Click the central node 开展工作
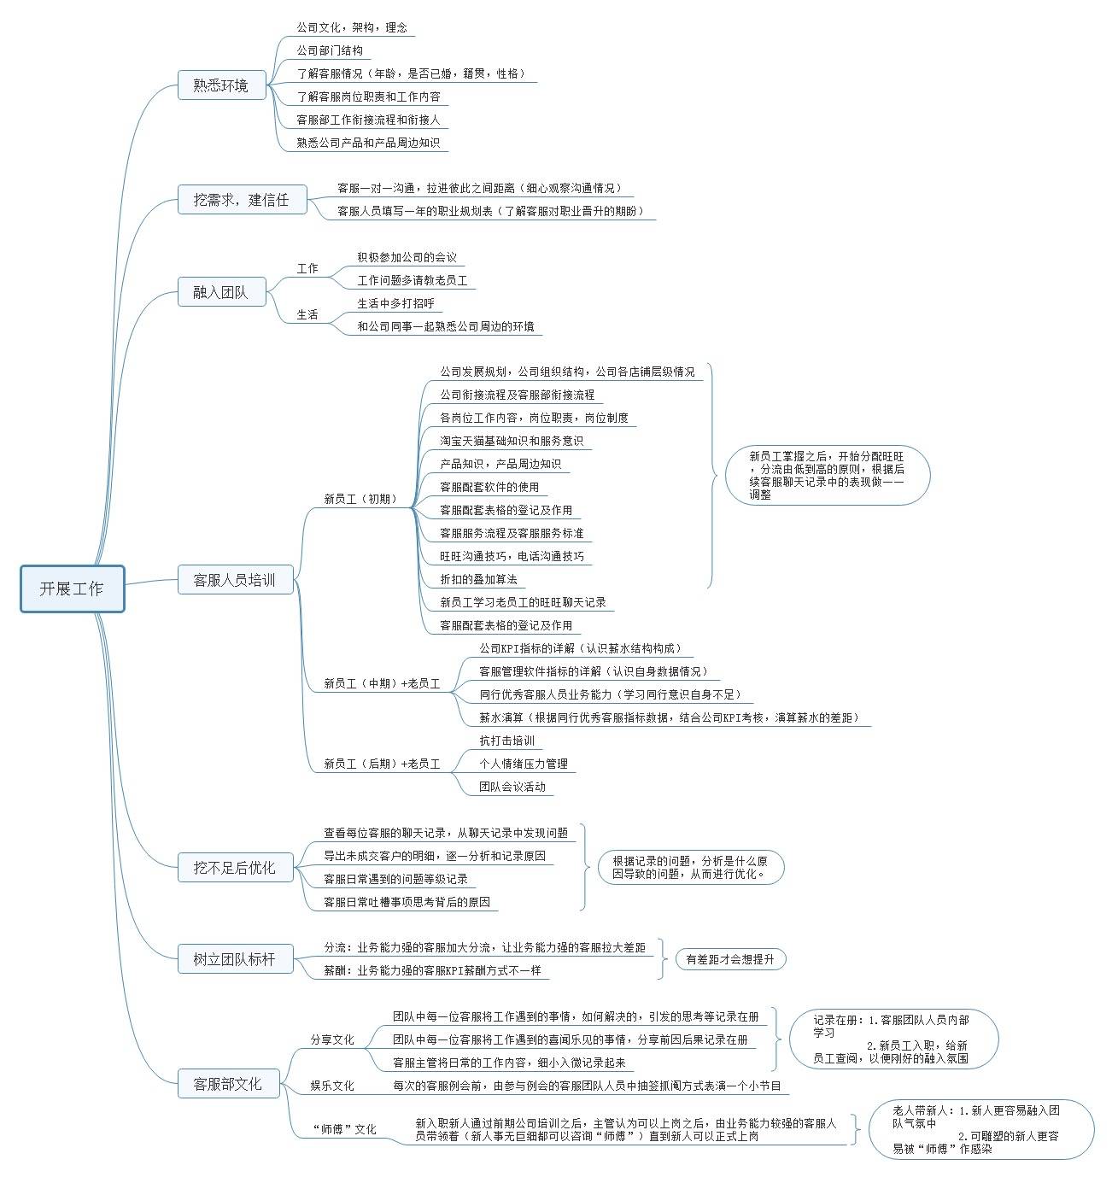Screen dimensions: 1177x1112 click(73, 588)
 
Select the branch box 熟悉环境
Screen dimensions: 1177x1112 click(220, 85)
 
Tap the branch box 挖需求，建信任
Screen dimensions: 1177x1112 click(242, 200)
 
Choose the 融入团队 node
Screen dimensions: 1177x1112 click(220, 292)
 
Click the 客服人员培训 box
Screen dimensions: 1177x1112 click(235, 580)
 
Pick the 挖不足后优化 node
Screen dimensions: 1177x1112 click(235, 868)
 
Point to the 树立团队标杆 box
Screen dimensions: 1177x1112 click(235, 959)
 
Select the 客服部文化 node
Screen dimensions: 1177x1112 click(227, 1084)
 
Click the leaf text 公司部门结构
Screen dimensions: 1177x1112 click(330, 50)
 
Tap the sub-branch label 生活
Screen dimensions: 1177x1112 click(307, 315)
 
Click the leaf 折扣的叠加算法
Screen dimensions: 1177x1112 click(478, 579)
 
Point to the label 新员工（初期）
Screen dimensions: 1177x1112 click(360, 499)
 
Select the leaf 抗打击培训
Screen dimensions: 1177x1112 click(507, 741)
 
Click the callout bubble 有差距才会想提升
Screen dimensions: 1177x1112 click(730, 959)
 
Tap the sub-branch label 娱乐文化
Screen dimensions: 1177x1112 click(332, 1086)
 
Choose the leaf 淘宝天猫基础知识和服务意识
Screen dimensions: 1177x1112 click(512, 441)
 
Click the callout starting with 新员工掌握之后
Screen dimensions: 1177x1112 click(827, 475)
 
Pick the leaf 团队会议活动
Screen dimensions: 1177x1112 click(512, 787)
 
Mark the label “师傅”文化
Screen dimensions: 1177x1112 click(345, 1129)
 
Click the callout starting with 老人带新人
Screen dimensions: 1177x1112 click(980, 1129)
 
